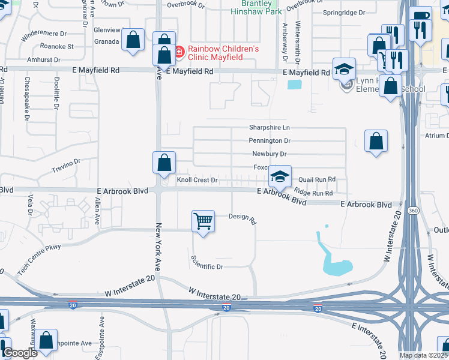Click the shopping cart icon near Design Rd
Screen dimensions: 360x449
[203, 221]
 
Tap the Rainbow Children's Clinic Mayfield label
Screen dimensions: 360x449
[223, 53]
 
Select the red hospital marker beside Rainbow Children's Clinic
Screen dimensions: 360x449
[179, 52]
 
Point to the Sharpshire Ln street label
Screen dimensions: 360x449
[270, 128]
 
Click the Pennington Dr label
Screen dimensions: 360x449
[270, 141]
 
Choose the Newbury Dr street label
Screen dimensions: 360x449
[270, 154]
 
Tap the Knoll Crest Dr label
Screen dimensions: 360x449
[196, 180]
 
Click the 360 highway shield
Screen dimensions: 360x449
[413, 211]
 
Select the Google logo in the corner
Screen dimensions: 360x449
[20, 353]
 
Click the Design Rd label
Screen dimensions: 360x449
[243, 218]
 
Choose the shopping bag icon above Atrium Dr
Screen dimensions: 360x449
[376, 142]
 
